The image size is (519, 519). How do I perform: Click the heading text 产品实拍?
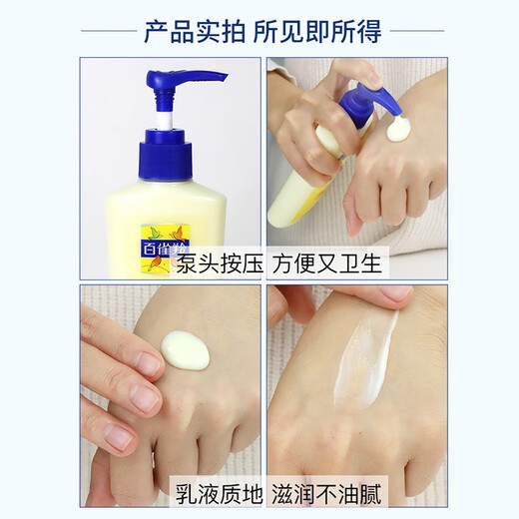[196, 31]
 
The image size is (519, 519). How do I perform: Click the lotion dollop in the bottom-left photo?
[186, 349]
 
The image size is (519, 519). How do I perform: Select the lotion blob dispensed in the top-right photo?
[399, 129]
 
